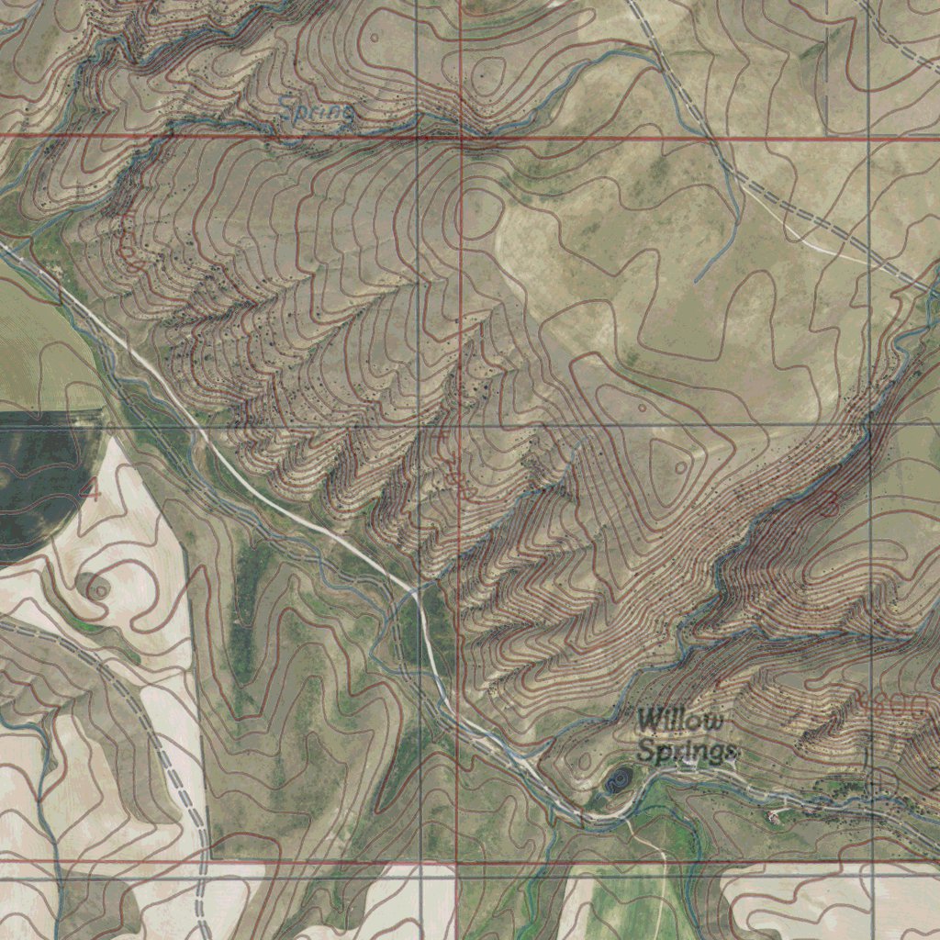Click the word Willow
(680, 721)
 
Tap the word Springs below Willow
(687, 750)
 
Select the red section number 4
(89, 489)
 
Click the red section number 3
(829, 502)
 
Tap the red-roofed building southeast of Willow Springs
(781, 811)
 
